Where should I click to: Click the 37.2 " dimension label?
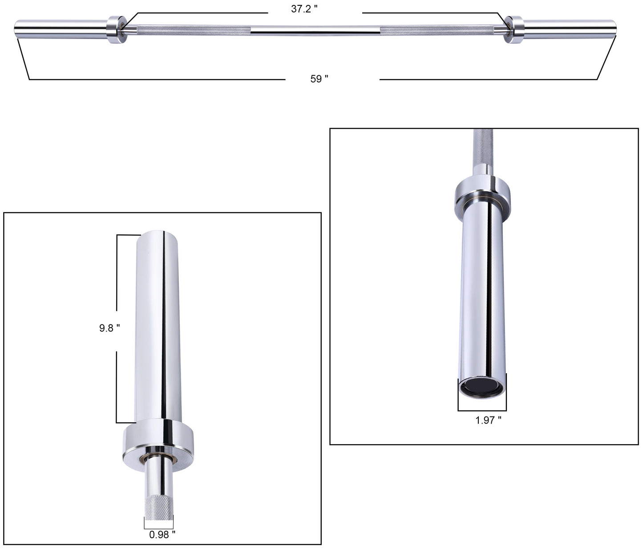pos(304,9)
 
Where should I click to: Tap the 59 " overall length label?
pos(319,79)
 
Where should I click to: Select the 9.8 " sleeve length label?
pos(109,328)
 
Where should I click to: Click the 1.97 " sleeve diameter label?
pos(488,420)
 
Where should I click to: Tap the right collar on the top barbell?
pos(514,30)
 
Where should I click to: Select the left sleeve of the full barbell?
pos(60,29)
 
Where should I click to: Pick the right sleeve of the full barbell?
pos(570,29)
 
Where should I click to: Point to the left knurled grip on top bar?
pos(194,30)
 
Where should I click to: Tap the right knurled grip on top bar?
pos(436,30)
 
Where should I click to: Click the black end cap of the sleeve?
pos(482,385)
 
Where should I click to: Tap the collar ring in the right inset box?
pos(482,190)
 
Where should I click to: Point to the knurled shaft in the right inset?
pos(482,147)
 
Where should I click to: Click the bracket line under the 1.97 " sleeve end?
pos(482,410)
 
